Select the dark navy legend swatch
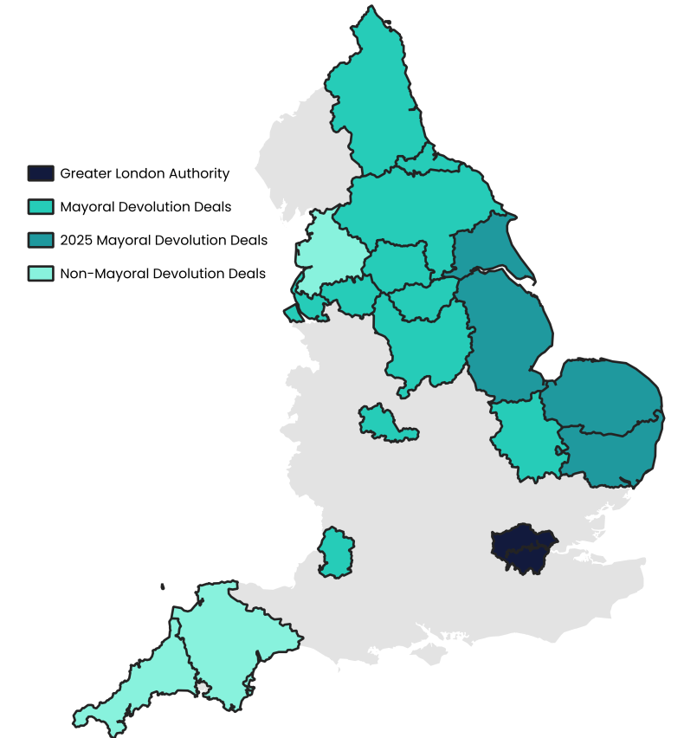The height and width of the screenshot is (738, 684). point(40,173)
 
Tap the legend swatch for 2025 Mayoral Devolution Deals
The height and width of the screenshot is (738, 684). point(40,240)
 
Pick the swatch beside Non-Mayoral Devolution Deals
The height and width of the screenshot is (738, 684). point(40,274)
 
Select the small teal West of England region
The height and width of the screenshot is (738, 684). point(335,552)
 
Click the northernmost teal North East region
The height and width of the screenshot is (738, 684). point(372,95)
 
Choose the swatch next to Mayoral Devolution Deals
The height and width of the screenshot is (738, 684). point(40,207)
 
